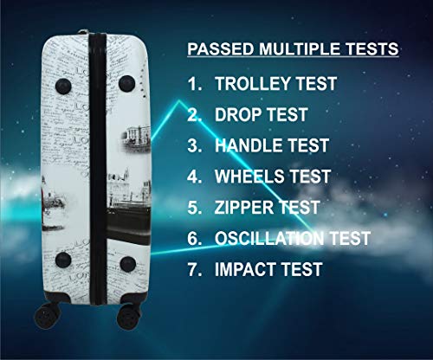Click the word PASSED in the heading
point(221,48)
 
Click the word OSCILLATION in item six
point(269,238)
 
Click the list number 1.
point(194,84)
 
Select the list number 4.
point(194,177)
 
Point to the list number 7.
point(194,269)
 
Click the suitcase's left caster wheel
point(48,316)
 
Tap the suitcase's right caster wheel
point(129,318)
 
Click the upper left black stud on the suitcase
point(63,86)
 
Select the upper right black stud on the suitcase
point(126,84)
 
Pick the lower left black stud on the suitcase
point(63,260)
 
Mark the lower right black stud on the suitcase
point(128,264)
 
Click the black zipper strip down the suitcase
point(98,169)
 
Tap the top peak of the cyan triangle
point(179,100)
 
